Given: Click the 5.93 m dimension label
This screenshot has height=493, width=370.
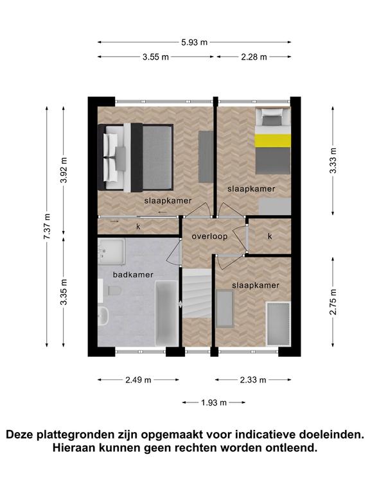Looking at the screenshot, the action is (195, 42).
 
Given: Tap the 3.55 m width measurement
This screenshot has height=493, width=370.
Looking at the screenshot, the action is (155, 57).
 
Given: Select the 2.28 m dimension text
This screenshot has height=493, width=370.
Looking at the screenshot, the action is (254, 57).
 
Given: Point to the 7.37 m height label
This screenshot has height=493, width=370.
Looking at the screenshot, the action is (47, 226).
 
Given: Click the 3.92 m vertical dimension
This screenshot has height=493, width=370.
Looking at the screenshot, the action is (64, 169).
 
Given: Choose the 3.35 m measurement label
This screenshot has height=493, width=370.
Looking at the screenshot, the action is (64, 292).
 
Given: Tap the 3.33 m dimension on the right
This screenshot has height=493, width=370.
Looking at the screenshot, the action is (333, 160).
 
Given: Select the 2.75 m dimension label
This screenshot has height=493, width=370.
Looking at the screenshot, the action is (333, 302).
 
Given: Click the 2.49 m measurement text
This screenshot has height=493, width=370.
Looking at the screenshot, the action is (139, 380).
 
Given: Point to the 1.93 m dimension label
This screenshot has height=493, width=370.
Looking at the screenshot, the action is (214, 402).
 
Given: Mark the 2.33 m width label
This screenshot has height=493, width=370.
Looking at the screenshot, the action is (253, 380).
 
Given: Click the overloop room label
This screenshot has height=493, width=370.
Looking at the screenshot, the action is (209, 236).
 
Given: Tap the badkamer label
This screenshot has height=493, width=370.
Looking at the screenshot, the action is (133, 275).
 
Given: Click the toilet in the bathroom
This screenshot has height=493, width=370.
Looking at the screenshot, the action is (114, 291).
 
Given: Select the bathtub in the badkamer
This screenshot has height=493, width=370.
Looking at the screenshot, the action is (167, 313).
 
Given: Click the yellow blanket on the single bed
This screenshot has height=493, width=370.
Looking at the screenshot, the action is (273, 141).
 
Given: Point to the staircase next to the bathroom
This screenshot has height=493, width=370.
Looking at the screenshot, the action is (197, 293).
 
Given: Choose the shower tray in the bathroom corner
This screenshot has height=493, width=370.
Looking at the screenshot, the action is (112, 250).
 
